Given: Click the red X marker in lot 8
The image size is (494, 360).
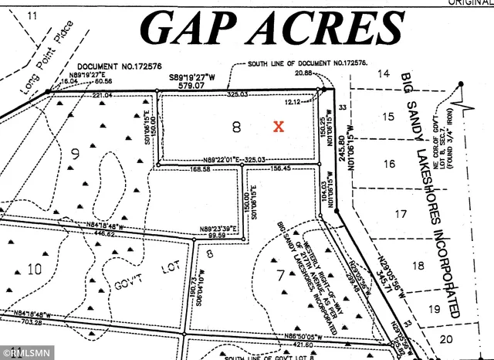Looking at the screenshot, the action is click(279, 125).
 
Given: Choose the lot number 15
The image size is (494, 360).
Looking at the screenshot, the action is click(388, 116).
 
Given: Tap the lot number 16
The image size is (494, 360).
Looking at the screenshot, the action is click(389, 163).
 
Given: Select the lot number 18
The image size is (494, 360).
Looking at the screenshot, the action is click(418, 265).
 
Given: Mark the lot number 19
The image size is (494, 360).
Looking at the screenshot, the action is click(434, 309).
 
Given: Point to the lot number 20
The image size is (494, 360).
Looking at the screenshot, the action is click(446, 338).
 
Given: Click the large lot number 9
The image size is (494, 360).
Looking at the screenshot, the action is click(75, 154).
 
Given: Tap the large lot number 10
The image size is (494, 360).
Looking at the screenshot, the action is click(34, 270).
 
